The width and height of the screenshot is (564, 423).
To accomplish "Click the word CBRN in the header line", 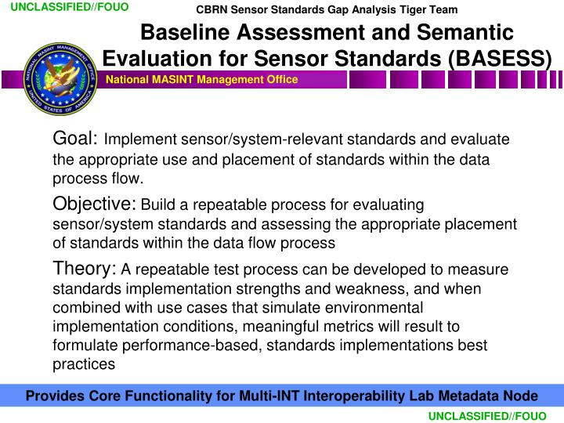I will pyautogui.click(x=211, y=9).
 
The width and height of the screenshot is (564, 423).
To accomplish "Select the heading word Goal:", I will pyautogui.click(x=75, y=139).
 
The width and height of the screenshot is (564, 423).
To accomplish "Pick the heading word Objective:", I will pyautogui.click(x=94, y=204).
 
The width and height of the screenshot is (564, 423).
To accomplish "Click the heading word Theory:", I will pyautogui.click(x=85, y=269).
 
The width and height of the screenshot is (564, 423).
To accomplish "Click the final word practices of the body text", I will pyautogui.click(x=84, y=363).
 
